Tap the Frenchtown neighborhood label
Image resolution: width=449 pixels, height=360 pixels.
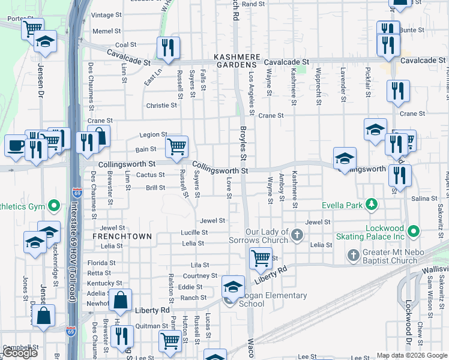tap(122, 236)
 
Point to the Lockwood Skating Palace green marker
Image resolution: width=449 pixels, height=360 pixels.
tap(413, 231)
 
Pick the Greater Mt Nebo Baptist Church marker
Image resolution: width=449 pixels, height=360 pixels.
tap(353, 256)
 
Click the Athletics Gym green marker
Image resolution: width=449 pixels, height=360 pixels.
tap(53, 207)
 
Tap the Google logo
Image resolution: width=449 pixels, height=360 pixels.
tap(20, 353)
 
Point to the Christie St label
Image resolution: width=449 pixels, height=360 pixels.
tap(161, 105)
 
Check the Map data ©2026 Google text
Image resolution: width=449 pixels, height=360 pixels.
tap(411, 355)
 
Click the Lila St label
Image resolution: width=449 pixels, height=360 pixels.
tap(199, 265)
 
